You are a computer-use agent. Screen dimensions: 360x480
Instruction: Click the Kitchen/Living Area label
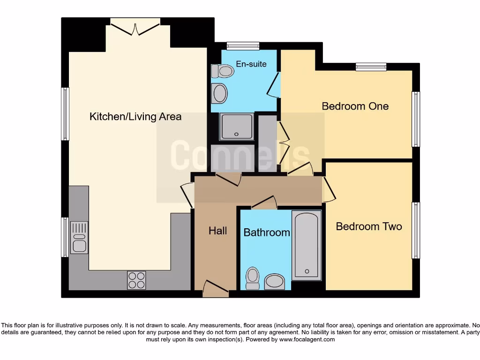[x=135, y=116]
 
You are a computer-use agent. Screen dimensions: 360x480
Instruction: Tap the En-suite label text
[x=251, y=64]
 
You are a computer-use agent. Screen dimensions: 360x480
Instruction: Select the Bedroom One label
[x=355, y=106]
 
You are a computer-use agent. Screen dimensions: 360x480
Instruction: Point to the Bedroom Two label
[x=369, y=226]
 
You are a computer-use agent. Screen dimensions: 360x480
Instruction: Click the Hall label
[x=217, y=230]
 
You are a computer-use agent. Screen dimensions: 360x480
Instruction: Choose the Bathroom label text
[x=266, y=232]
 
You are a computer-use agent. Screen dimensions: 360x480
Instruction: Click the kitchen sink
[x=79, y=237]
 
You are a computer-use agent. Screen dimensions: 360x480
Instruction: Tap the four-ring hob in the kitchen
[x=136, y=280]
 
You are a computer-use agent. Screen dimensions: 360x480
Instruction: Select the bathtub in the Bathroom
[x=307, y=245]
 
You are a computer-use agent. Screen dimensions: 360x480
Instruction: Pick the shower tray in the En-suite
[x=237, y=126]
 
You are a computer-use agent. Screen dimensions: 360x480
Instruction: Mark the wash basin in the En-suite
[x=219, y=93]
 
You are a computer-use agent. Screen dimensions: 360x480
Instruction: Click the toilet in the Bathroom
[x=253, y=278]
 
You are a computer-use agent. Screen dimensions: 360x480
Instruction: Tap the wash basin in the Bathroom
[x=274, y=282]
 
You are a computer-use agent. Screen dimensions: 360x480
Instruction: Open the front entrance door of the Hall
[x=216, y=288]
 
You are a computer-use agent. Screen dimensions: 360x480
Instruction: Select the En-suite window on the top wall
[x=243, y=46]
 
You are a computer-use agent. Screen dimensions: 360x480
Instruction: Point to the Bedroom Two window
[x=415, y=230]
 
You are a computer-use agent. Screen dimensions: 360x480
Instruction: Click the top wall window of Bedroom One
[x=371, y=67]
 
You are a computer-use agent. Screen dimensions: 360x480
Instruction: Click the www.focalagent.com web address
[x=307, y=339]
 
